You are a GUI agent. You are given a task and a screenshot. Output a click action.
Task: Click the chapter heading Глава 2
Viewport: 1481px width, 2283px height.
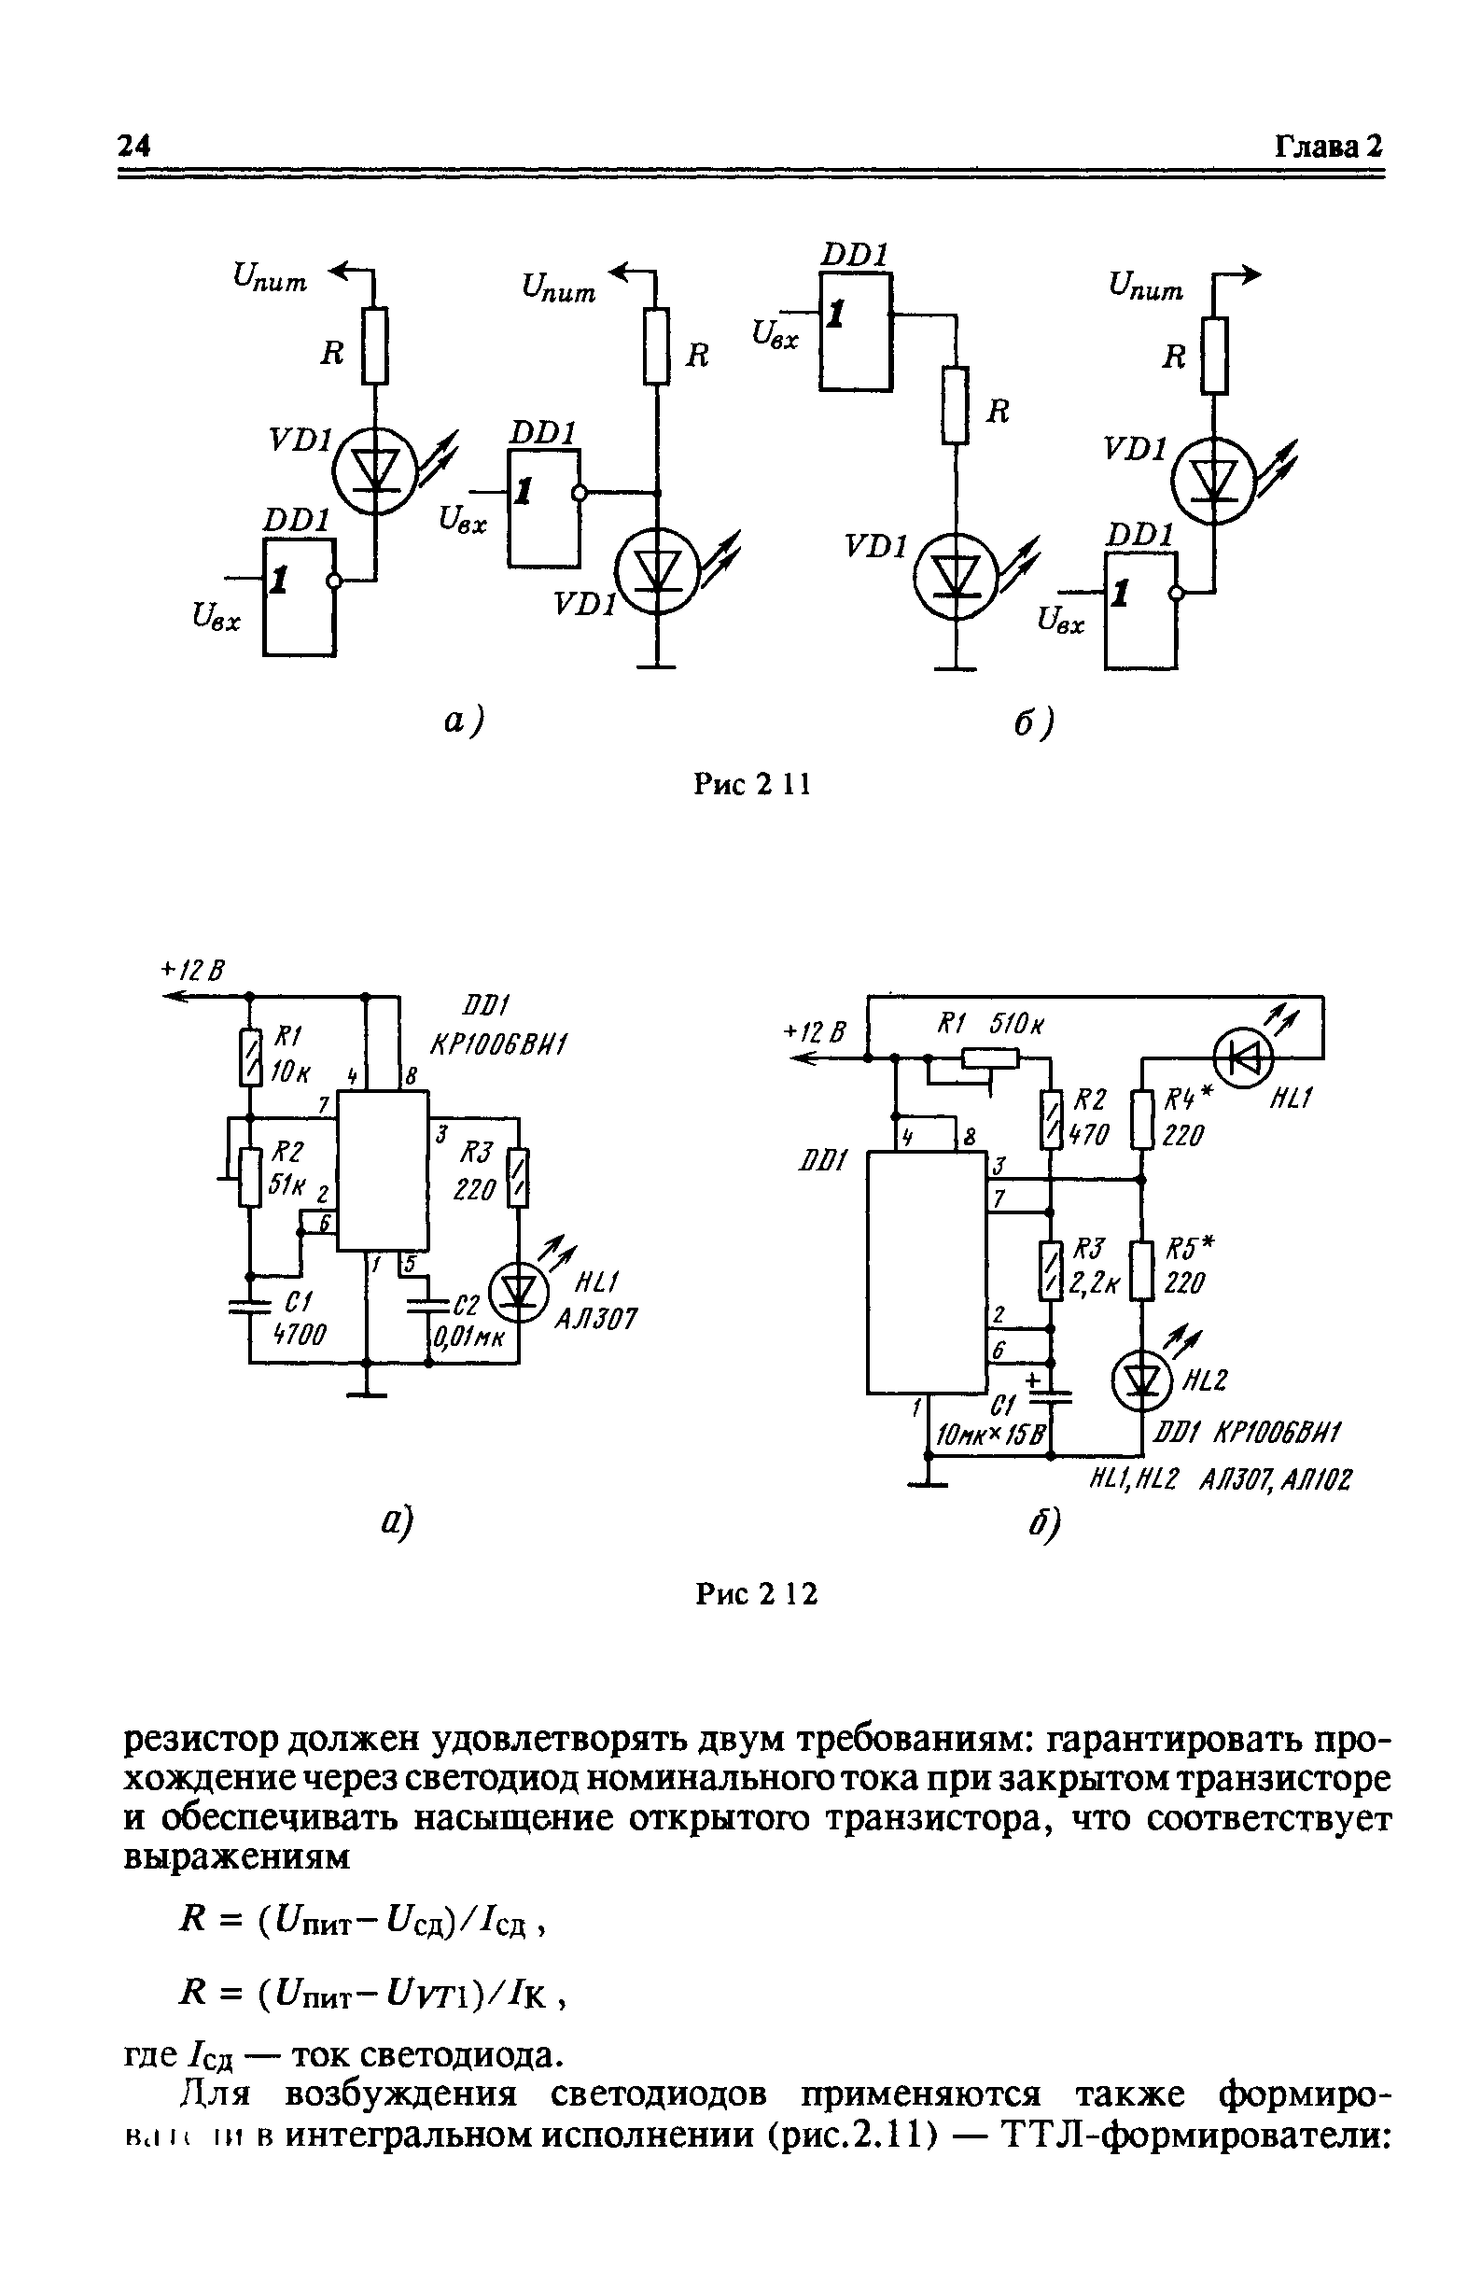pyautogui.click(x=1328, y=146)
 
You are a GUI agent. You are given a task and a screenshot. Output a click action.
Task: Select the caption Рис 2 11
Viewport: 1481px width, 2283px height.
pyautogui.click(x=751, y=784)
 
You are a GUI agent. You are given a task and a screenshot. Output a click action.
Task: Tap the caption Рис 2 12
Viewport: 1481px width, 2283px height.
pyautogui.click(x=755, y=1593)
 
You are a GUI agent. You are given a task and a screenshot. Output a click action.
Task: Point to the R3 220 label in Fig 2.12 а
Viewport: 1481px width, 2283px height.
pyautogui.click(x=476, y=1171)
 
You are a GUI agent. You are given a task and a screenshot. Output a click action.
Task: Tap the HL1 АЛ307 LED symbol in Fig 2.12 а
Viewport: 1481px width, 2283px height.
pyautogui.click(x=518, y=1292)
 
